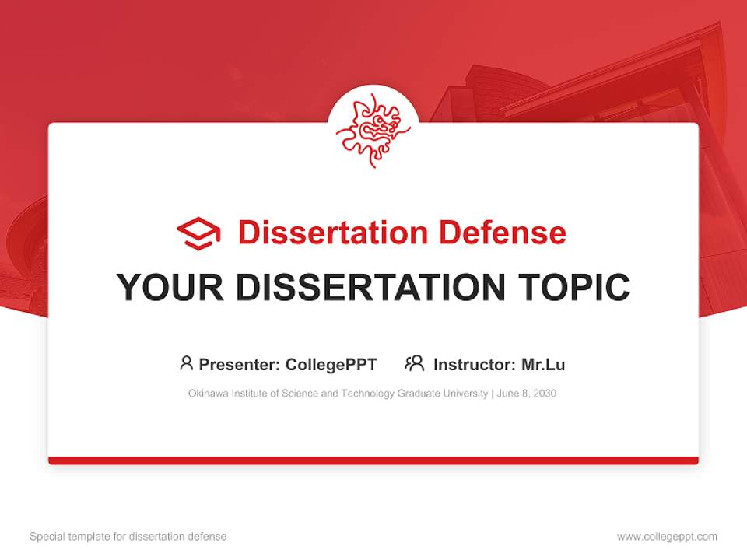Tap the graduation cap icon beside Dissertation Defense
click(x=198, y=233)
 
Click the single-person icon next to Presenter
click(x=186, y=363)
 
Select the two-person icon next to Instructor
click(x=415, y=363)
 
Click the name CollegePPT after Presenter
click(x=331, y=364)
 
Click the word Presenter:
click(x=240, y=364)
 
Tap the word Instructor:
click(x=474, y=364)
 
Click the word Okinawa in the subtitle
click(x=206, y=394)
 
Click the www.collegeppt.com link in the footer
click(x=667, y=537)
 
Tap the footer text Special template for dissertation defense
click(x=128, y=537)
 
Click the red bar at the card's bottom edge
click(x=373, y=460)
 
